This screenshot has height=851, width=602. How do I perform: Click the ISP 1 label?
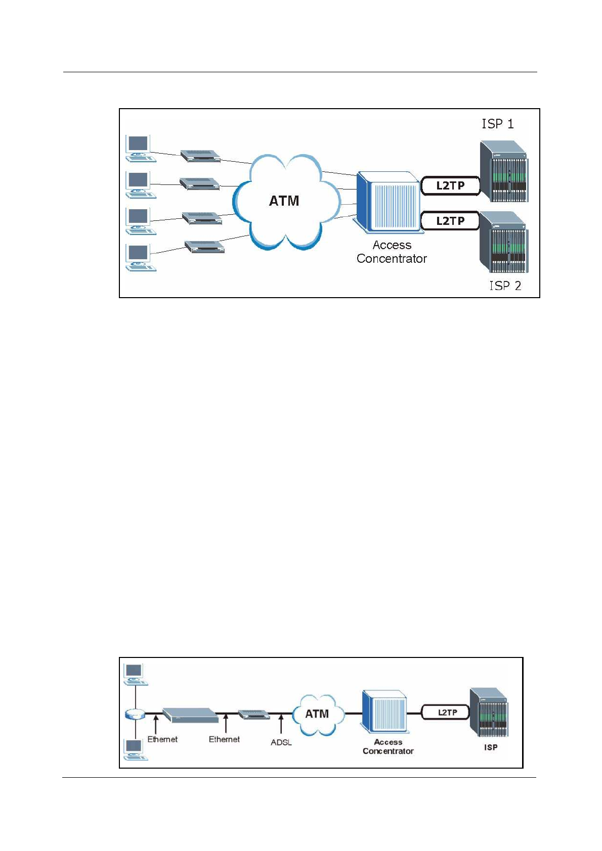point(497,124)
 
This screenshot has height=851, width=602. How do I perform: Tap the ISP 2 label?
point(504,286)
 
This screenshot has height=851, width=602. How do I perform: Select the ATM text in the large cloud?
point(284,201)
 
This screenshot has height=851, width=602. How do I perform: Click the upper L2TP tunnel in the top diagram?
point(450,185)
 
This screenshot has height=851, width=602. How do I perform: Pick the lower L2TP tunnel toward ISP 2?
point(450,221)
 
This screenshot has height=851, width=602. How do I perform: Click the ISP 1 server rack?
point(503,172)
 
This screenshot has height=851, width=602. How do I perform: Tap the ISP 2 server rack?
point(503,243)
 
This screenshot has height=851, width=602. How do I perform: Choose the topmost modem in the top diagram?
point(200,156)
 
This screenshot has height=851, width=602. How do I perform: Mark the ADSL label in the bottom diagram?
point(281,742)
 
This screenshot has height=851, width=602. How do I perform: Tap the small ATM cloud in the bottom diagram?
point(317,714)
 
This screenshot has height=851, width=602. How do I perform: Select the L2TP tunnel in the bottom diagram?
point(447,713)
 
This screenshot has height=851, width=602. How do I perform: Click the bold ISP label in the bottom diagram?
point(491,747)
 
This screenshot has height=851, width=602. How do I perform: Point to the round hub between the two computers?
point(135,714)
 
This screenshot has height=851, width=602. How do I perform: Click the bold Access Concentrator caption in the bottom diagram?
point(388,746)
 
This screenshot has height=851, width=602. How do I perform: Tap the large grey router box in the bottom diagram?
point(191,715)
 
